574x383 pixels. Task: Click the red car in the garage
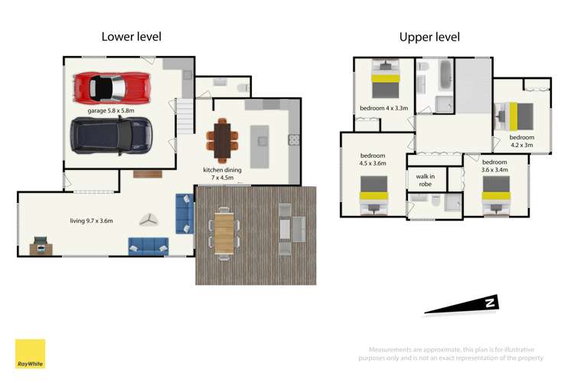(111, 87)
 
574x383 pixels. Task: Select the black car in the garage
(112, 135)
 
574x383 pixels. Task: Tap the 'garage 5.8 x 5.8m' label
(111, 111)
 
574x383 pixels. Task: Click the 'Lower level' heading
(132, 36)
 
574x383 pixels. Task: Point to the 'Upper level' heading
(429, 37)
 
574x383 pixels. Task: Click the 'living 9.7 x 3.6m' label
(91, 221)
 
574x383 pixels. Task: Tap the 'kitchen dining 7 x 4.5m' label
(223, 174)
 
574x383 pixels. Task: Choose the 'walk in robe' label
(426, 180)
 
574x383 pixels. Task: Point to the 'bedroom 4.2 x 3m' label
(522, 142)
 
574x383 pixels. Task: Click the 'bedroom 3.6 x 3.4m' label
(494, 166)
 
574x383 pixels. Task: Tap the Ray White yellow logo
(30, 354)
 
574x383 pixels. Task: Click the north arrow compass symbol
(463, 304)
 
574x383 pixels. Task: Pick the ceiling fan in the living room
(147, 220)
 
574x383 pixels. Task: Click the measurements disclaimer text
(452, 353)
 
